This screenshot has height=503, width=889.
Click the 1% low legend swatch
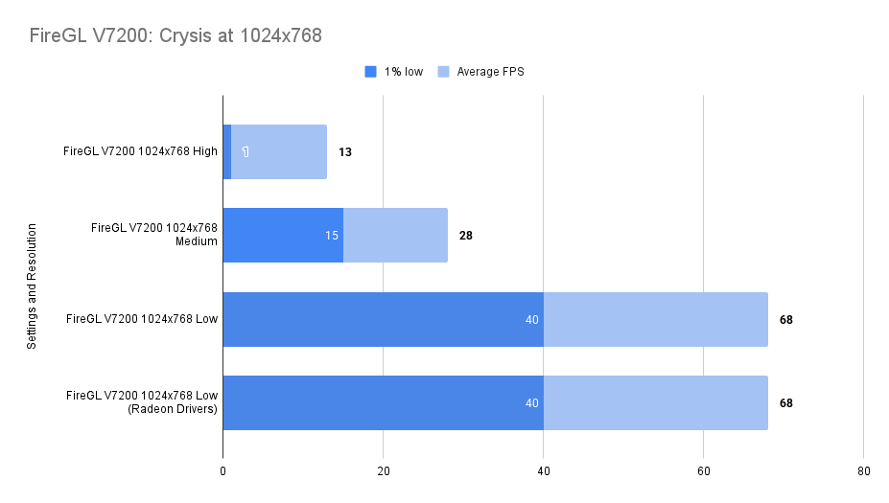click(x=371, y=71)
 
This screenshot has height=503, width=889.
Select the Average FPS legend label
click(x=490, y=71)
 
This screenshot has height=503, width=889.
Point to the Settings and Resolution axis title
click(x=32, y=286)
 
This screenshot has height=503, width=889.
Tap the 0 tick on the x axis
click(x=222, y=470)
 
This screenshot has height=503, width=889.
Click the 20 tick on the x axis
click(x=383, y=470)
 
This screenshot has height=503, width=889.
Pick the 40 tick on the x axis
click(x=543, y=470)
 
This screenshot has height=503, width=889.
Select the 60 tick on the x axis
click(x=703, y=470)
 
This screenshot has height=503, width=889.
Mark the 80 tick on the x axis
click(x=863, y=470)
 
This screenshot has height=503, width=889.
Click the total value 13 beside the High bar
click(x=345, y=151)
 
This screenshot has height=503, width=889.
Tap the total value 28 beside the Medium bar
click(x=466, y=235)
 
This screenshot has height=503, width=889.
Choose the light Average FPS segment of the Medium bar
click(x=395, y=235)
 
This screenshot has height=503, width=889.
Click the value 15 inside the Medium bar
click(x=332, y=235)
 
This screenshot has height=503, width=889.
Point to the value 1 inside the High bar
click(x=246, y=151)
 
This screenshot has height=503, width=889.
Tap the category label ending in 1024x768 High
click(x=140, y=151)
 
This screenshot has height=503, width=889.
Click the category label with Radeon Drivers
click(x=142, y=402)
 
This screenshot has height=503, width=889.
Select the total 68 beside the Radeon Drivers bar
click(x=786, y=402)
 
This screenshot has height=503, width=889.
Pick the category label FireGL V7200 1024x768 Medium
click(x=153, y=235)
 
